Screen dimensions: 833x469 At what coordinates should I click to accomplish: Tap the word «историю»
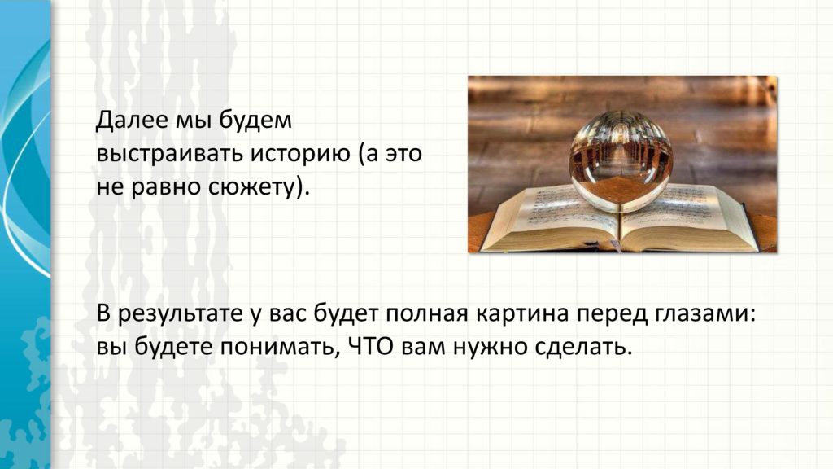tap(301, 154)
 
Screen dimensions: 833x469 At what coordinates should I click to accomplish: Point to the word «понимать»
tap(277, 348)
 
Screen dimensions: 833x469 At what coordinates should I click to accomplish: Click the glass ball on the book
tap(621, 160)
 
